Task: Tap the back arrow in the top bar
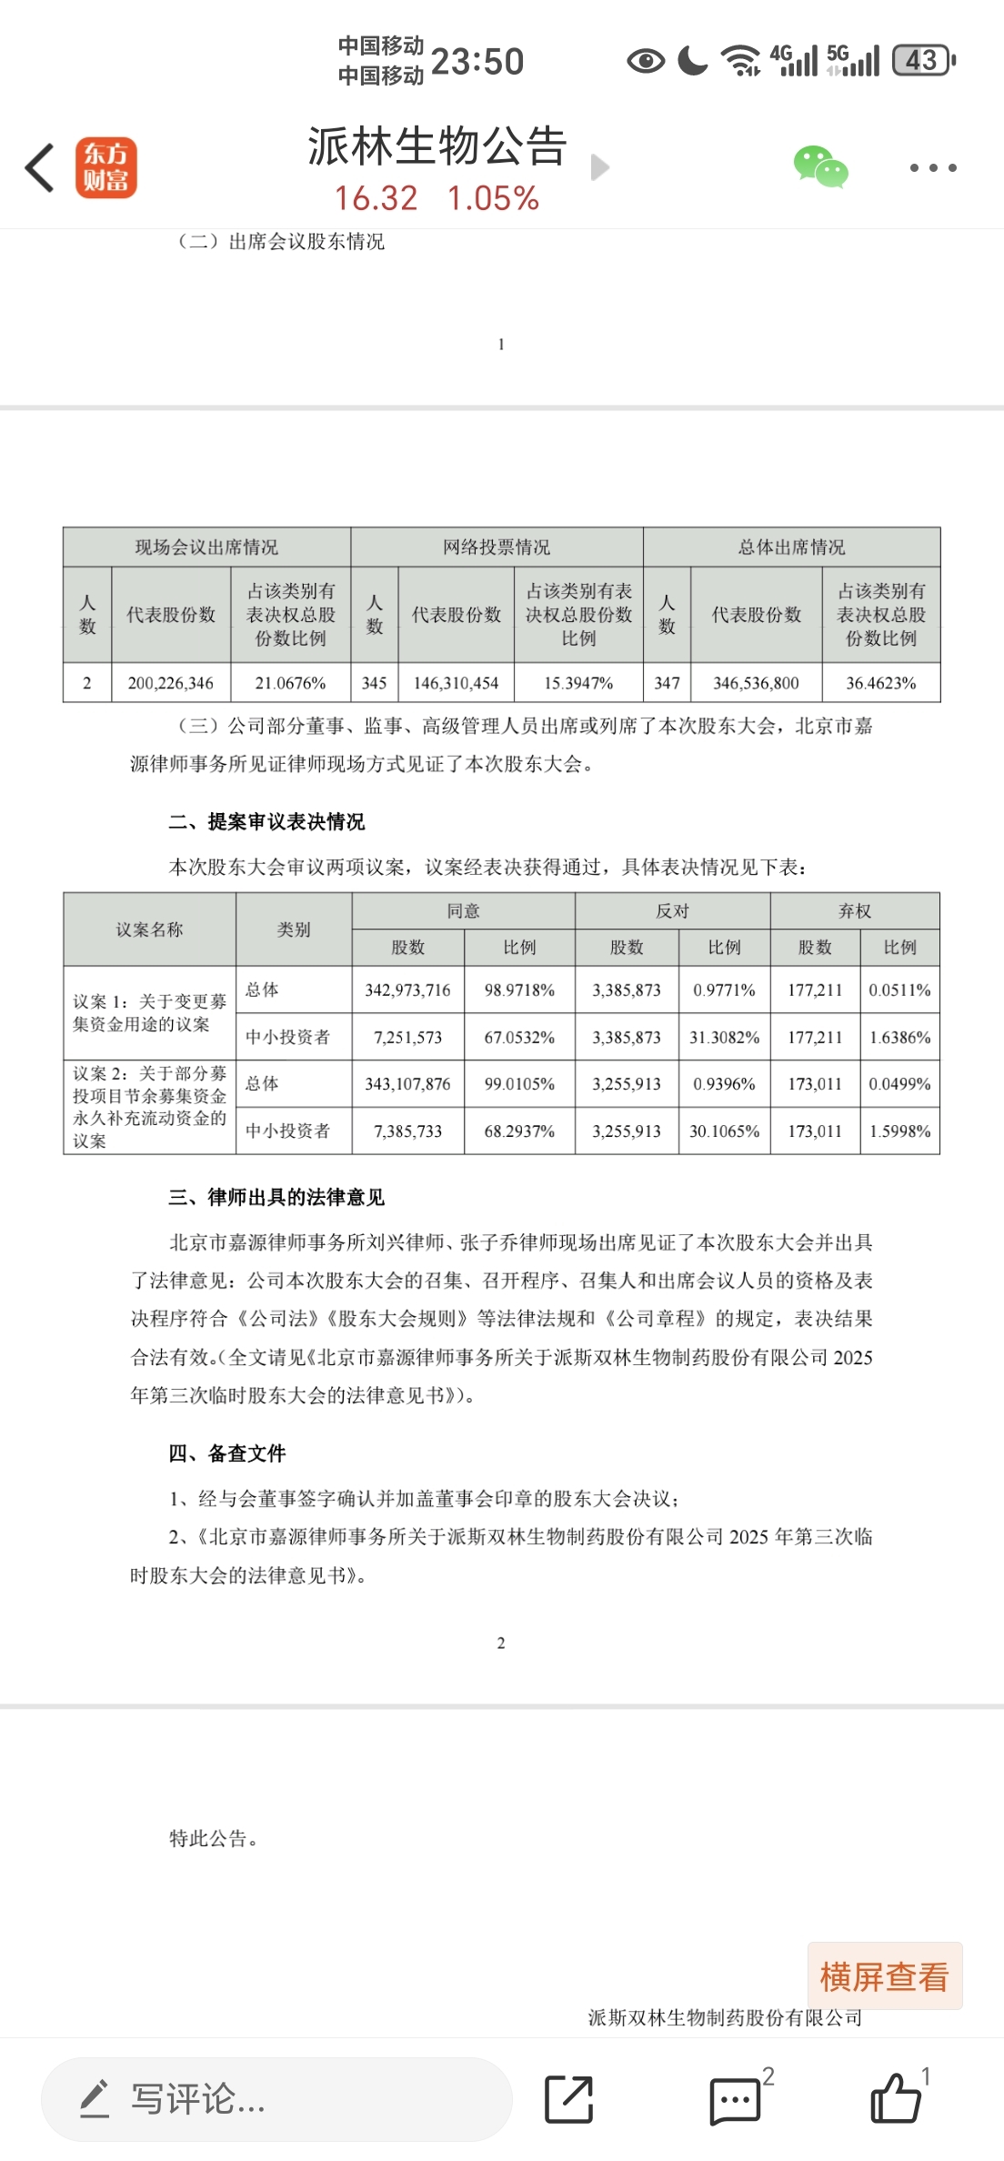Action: (x=40, y=167)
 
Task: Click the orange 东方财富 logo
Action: (x=105, y=167)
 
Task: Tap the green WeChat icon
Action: (x=820, y=167)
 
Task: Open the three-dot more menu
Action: (x=933, y=167)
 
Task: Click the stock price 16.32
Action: (x=376, y=198)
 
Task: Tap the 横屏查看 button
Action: (x=884, y=1976)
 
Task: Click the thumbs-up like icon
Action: (x=896, y=2099)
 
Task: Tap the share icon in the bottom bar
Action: (x=569, y=2099)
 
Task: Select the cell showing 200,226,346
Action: (x=171, y=683)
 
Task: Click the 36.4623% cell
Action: (x=880, y=683)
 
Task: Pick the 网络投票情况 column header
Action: (x=497, y=547)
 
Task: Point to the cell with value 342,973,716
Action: (x=407, y=990)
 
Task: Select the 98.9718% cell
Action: (x=519, y=990)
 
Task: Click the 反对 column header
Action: (x=672, y=911)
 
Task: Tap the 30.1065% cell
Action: (x=724, y=1131)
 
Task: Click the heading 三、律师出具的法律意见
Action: (x=276, y=1197)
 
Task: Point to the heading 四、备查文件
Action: (x=227, y=1453)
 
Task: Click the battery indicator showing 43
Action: (x=923, y=61)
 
